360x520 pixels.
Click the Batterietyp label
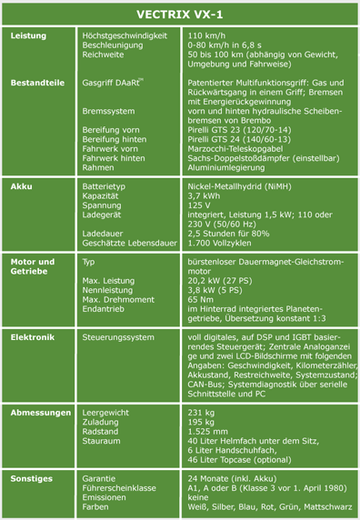pyautogui.click(x=108, y=185)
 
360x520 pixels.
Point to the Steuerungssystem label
pyautogui.click(x=118, y=336)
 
